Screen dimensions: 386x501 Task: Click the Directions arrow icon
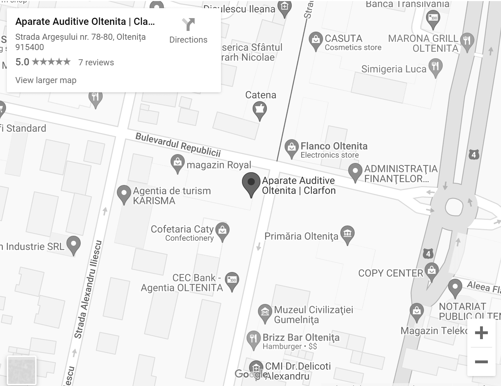click(x=188, y=25)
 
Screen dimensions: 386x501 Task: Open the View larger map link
click(x=46, y=80)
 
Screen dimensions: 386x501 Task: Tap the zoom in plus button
click(x=481, y=333)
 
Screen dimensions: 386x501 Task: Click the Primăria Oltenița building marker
click(x=348, y=234)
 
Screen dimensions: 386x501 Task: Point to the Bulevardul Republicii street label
click(x=178, y=145)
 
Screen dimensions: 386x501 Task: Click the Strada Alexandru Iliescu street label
click(x=88, y=289)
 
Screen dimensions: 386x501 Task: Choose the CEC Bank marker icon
click(x=232, y=280)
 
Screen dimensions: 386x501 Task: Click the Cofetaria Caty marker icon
click(x=222, y=230)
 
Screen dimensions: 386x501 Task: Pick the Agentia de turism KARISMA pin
click(x=124, y=194)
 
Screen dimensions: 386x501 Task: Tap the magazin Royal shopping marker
click(x=177, y=163)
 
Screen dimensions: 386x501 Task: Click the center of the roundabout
click(x=454, y=207)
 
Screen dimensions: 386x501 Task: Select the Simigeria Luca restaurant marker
click(x=435, y=67)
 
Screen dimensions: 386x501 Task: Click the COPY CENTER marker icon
click(x=431, y=271)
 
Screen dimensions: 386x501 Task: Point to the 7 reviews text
click(x=96, y=62)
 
